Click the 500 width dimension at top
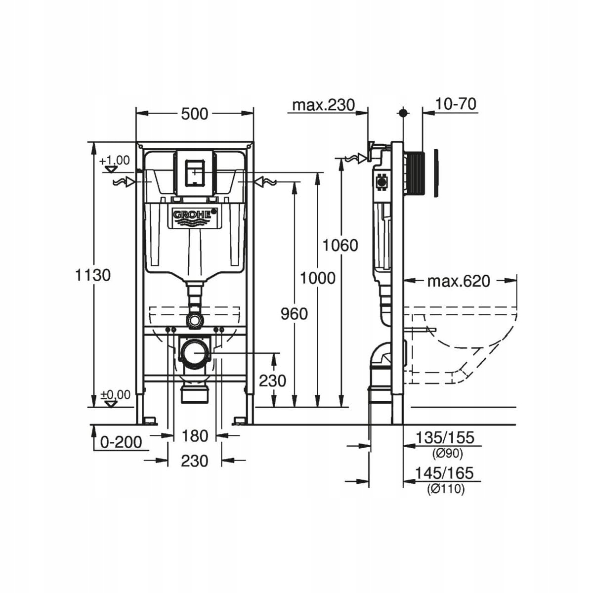[x=195, y=114]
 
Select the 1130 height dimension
[x=93, y=275]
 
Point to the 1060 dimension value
[x=340, y=245]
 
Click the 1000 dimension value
[x=318, y=278]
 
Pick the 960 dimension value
[x=294, y=314]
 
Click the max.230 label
[x=323, y=105]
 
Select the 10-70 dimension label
[x=456, y=104]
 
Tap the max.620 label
[x=459, y=281]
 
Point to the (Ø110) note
[x=446, y=489]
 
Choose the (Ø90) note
[x=446, y=453]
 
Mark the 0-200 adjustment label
[x=121, y=441]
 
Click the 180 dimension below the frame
[x=195, y=436]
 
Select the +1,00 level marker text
[x=115, y=161]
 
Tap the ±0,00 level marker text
[x=116, y=395]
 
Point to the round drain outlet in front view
[x=194, y=353]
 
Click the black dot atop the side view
[x=404, y=113]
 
